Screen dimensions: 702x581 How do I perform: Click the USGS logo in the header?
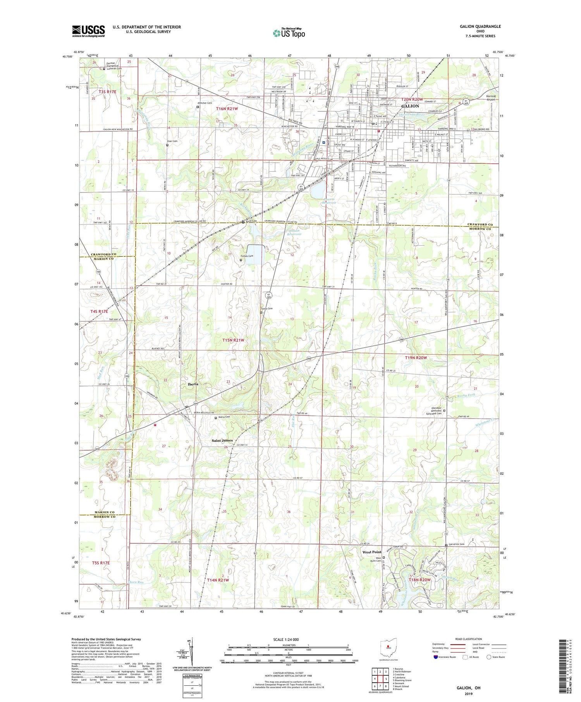pos(88,31)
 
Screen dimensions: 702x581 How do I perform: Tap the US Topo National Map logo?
pos(289,33)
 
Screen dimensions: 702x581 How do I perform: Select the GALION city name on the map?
pos(410,106)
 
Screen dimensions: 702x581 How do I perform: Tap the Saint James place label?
pos(222,440)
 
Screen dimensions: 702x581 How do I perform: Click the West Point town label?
pos(371,552)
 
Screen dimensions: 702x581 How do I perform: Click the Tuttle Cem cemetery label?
pos(267,309)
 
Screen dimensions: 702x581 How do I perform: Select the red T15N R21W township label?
pos(233,340)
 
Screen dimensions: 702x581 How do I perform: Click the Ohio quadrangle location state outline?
pos(389,647)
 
